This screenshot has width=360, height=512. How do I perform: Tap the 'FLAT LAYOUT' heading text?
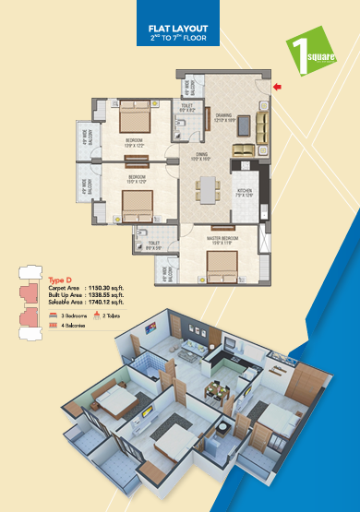(x=179, y=30)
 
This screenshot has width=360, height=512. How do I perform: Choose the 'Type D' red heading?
(x=61, y=278)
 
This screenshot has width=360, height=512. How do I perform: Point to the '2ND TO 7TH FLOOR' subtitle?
(x=179, y=40)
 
